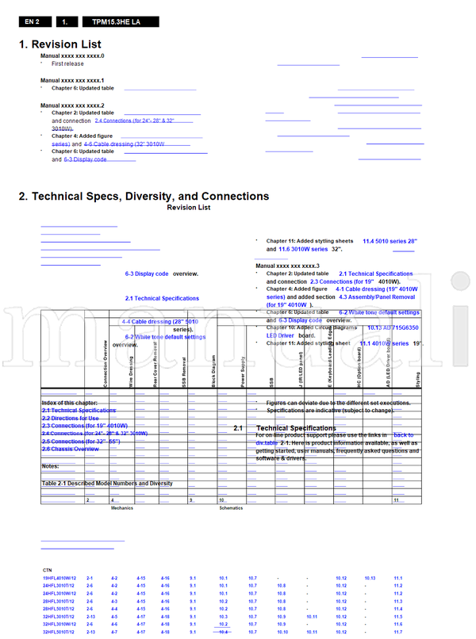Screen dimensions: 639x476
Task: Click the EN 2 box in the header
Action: click(x=33, y=22)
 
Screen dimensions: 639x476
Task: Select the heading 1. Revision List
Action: click(x=60, y=44)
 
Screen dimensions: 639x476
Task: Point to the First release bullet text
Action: click(x=67, y=63)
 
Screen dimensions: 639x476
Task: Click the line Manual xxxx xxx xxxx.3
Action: click(x=287, y=265)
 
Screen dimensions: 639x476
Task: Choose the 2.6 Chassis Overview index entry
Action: click(x=71, y=449)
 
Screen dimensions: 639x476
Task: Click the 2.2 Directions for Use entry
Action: click(x=71, y=418)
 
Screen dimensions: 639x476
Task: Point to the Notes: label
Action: click(x=50, y=466)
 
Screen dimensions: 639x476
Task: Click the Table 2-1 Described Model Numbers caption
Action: click(x=107, y=484)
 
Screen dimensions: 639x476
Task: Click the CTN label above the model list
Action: click(x=48, y=570)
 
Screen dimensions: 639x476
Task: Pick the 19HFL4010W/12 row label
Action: click(x=59, y=579)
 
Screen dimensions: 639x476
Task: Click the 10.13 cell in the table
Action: click(x=370, y=579)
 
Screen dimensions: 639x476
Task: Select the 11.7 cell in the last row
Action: click(x=397, y=632)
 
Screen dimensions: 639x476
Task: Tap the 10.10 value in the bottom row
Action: click(x=282, y=632)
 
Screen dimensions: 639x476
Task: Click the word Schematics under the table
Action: click(x=231, y=507)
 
